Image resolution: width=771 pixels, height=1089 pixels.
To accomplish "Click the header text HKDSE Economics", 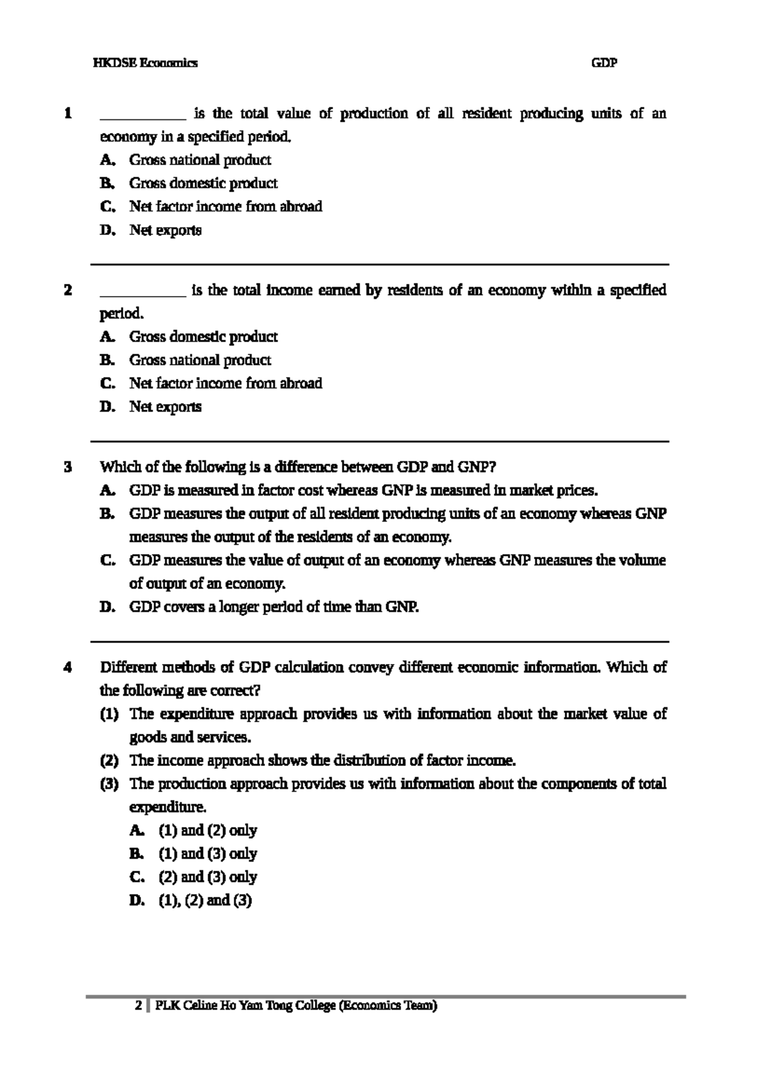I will point(145,63).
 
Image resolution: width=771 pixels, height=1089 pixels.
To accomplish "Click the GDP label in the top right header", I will point(603,63).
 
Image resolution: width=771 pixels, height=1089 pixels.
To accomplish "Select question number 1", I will point(67,114).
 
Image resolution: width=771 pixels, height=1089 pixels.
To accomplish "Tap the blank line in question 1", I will point(143,117).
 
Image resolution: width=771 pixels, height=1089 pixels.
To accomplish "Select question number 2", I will point(67,290).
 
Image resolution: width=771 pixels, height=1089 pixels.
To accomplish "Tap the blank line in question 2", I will point(143,293).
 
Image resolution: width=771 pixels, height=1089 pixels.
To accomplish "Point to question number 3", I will point(67,467).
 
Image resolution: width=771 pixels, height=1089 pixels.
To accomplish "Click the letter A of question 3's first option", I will point(107,491).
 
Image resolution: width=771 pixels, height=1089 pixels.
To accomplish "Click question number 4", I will point(67,667).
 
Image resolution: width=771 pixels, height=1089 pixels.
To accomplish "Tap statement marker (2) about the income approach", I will point(109,760).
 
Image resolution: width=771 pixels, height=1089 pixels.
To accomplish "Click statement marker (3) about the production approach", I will point(109,783).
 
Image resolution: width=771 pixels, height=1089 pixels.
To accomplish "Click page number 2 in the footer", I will point(137,1006).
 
